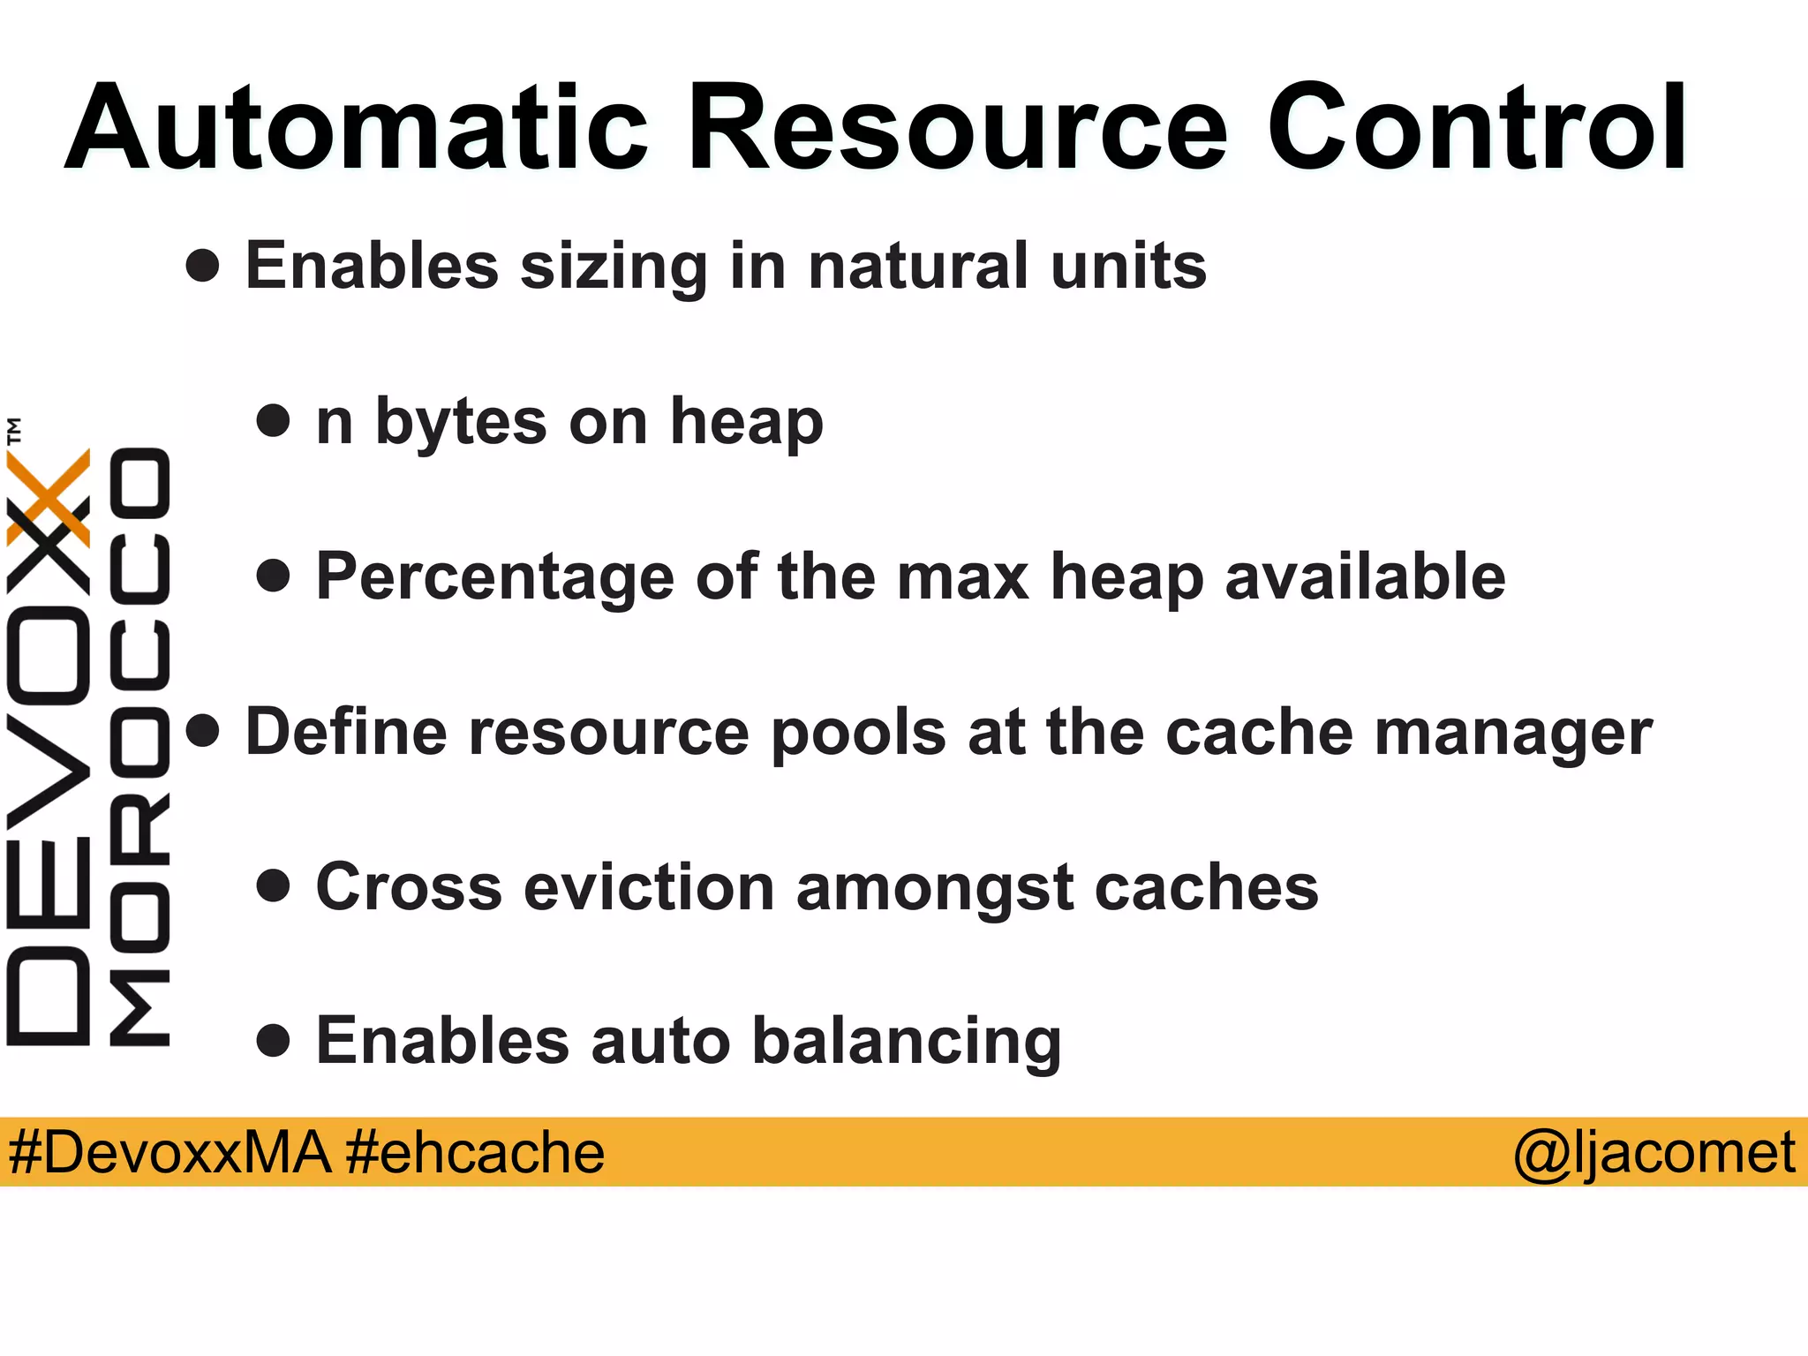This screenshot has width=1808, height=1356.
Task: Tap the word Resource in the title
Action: click(x=958, y=128)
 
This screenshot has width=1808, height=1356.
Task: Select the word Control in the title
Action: click(x=1477, y=128)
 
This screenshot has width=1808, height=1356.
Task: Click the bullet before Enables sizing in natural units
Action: click(x=203, y=266)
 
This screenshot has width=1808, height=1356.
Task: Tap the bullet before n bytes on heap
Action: click(x=274, y=421)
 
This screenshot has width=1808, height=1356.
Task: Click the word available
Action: click(x=1365, y=576)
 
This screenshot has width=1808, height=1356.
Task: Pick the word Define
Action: click(x=346, y=732)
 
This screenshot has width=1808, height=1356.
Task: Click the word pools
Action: click(x=858, y=734)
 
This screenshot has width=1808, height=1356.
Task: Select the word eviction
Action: click(x=648, y=887)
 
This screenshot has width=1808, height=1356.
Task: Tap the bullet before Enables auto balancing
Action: click(x=274, y=1041)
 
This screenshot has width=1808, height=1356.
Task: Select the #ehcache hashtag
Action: click(x=475, y=1153)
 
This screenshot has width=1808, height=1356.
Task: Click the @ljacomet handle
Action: click(x=1654, y=1153)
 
